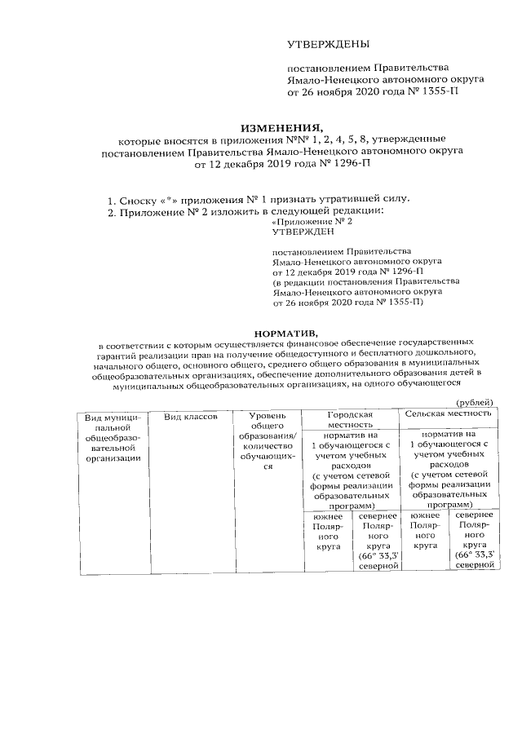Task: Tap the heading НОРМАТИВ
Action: point(282,333)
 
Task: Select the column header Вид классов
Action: point(191,417)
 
